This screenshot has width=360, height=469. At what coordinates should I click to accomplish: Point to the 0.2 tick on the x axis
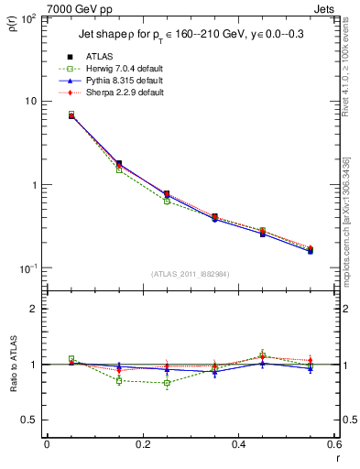click(142, 444)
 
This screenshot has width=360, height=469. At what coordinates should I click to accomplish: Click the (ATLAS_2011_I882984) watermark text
click(191, 273)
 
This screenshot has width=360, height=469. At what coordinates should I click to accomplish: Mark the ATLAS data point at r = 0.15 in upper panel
click(119, 163)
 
